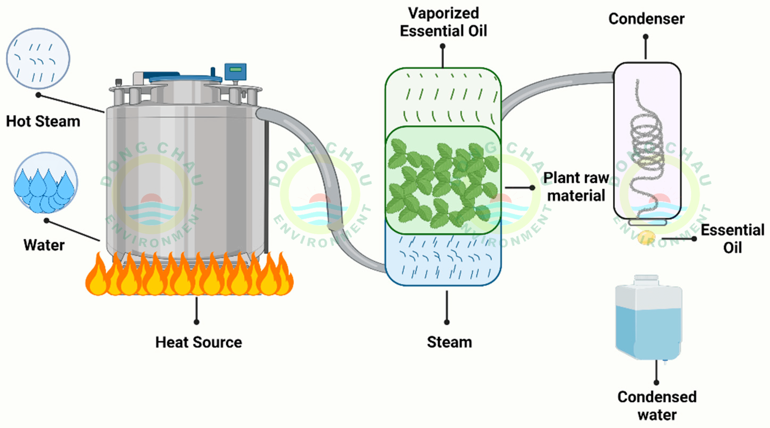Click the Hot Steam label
(43, 121)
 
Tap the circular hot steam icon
(38, 59)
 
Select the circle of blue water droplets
(46, 183)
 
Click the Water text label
(44, 245)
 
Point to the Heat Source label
(198, 342)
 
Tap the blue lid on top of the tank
(185, 79)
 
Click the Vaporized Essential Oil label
(443, 22)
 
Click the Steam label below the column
(449, 342)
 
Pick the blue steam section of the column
(443, 260)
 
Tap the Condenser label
(646, 19)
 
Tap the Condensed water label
(657, 406)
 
